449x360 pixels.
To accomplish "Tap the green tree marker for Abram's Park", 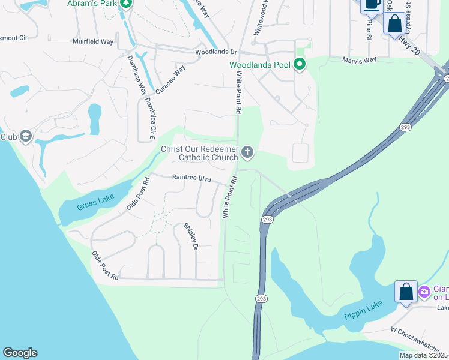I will coord(126,3).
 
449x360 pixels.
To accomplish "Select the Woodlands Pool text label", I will coord(259,65).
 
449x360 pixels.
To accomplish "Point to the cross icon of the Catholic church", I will coord(247,153).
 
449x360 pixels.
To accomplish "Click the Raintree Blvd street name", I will coord(192,178).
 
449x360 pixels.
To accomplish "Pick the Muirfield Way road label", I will coord(93,41).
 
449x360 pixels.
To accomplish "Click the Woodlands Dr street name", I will coord(217,52).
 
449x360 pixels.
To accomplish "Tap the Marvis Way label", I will coord(359,60).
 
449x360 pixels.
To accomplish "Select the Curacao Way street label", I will coord(170,79).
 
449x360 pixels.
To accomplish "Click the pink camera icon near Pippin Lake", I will coord(424,292).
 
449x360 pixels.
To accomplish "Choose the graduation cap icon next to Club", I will coord(25,137).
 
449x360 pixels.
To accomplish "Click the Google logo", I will coord(20,353).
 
